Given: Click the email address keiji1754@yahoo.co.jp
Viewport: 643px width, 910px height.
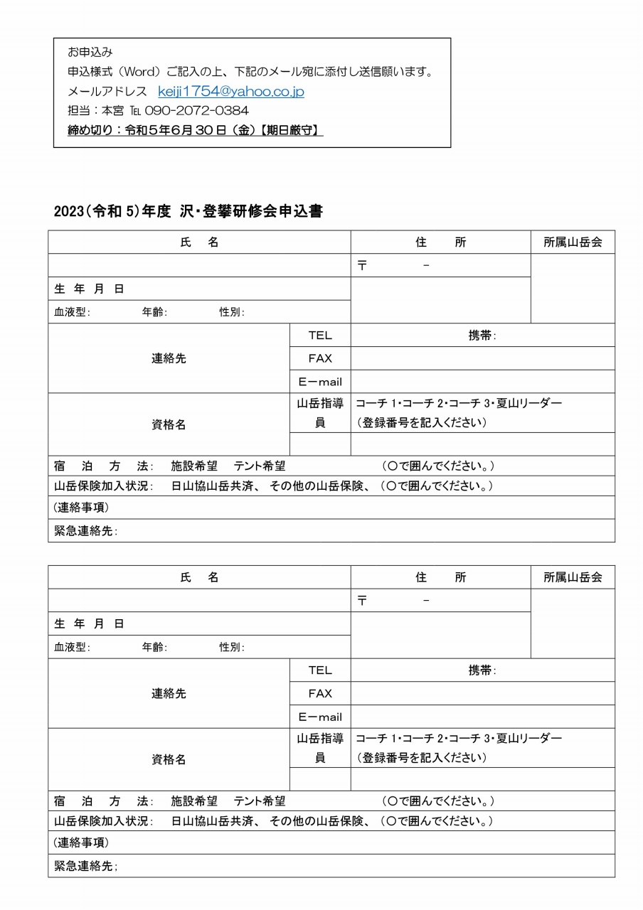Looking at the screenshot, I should coord(231,92).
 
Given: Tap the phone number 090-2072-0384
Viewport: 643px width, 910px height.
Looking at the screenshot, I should coord(196,111).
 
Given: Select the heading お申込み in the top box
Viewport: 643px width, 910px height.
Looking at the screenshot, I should coord(90,53).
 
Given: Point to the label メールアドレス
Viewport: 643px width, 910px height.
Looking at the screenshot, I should coord(107,92).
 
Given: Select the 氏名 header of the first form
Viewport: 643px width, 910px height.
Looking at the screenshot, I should coord(199,242).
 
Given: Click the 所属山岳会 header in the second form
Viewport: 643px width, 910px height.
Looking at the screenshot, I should coord(573,577).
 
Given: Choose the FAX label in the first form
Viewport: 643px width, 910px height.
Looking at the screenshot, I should coord(320,358).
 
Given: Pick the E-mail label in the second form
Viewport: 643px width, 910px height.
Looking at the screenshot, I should coord(320,717).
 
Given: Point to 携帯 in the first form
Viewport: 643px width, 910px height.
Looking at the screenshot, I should coord(482,336).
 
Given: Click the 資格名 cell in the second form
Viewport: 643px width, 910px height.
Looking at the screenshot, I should coord(169,759).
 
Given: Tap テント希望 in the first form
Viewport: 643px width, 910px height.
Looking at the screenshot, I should coord(260,466).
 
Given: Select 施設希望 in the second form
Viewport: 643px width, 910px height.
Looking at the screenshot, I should coord(194,801).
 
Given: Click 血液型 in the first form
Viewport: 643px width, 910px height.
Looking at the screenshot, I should coord(70,312).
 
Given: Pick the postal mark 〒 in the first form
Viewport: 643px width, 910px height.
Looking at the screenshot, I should coord(362,266).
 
